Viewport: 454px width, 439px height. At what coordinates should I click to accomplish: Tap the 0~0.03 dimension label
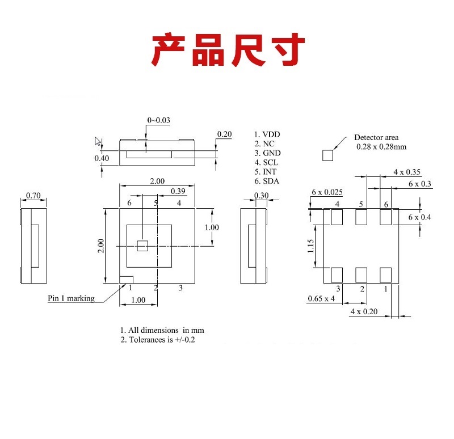(159, 120)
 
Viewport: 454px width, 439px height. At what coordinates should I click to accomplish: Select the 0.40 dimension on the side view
(102, 158)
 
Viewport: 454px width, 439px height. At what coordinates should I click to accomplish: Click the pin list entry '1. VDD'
(267, 134)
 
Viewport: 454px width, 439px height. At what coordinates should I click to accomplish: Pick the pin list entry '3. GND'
(267, 153)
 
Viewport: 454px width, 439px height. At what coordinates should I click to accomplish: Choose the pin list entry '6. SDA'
(267, 181)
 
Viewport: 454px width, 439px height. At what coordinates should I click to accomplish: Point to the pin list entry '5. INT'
(266, 172)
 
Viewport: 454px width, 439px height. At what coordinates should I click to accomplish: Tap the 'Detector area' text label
(376, 137)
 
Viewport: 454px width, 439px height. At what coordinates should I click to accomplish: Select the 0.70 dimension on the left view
(33, 196)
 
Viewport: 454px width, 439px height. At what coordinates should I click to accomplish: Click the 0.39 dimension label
(178, 191)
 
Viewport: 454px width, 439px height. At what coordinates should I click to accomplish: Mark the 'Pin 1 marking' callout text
(71, 298)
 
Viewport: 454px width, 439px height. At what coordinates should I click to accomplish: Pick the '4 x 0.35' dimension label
(407, 172)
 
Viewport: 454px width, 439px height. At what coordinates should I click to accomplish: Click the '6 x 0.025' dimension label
(327, 192)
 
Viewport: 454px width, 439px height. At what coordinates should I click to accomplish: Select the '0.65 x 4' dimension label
(321, 298)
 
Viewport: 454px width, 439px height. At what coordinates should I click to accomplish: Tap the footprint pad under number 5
(361, 217)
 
